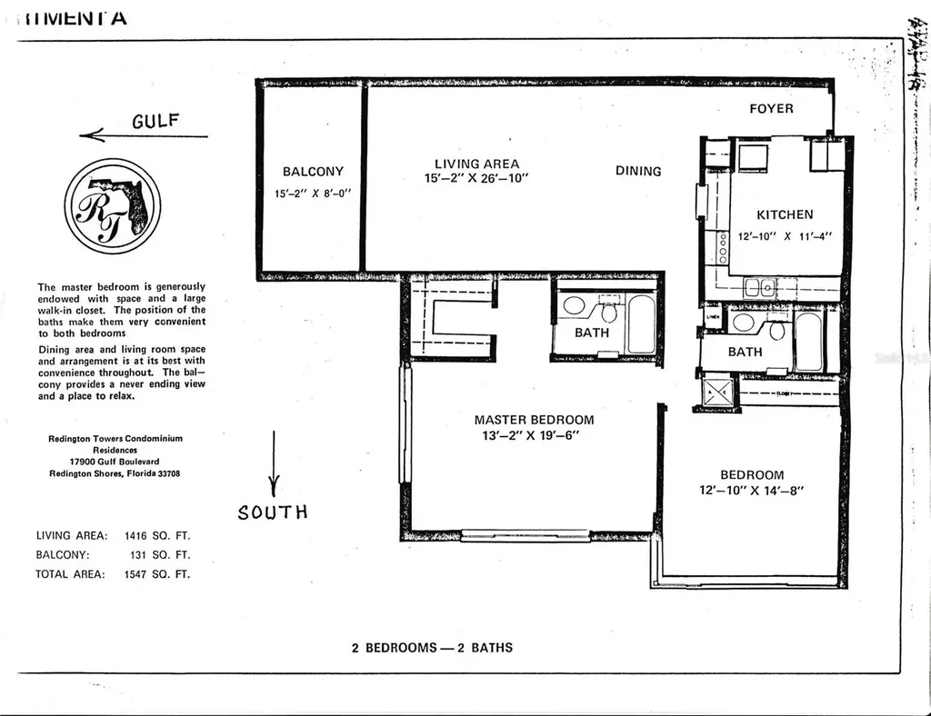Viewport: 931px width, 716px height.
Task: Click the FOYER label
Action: click(771, 109)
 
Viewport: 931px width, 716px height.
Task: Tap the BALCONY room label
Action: click(313, 172)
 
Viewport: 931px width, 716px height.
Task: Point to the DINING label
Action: click(638, 171)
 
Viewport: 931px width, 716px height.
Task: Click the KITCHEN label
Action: click(785, 215)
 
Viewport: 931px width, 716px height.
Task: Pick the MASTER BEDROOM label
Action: click(534, 420)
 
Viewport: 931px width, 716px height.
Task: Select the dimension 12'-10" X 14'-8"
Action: click(752, 491)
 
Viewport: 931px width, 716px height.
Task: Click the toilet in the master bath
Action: click(611, 312)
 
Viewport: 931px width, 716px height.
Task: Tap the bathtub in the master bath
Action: click(640, 323)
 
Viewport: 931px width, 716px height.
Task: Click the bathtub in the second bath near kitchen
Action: click(807, 342)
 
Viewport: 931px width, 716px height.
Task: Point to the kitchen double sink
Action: click(759, 288)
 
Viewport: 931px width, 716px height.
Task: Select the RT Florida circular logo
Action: click(113, 206)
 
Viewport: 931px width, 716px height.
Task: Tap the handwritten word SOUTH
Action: click(273, 512)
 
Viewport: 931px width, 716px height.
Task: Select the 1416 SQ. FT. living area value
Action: click(157, 535)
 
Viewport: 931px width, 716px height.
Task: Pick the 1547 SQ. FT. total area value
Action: click(157, 573)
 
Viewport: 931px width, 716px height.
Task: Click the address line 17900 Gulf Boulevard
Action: click(115, 461)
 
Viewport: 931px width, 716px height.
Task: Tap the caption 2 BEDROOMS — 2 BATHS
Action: click(432, 648)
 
